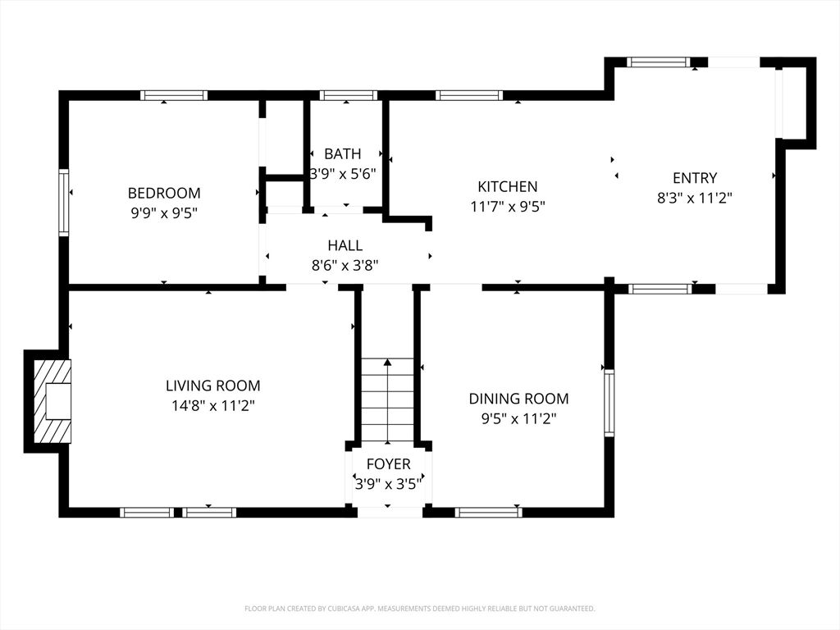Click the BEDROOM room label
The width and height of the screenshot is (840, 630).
[x=164, y=193]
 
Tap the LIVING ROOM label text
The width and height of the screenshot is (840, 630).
[x=212, y=386]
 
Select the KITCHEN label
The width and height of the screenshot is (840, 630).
[x=507, y=186]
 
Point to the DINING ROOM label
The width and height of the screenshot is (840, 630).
[x=518, y=399]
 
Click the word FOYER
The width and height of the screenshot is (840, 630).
[x=388, y=464]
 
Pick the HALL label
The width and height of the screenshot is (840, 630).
[x=345, y=245]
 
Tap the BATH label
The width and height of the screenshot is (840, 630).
[x=343, y=153]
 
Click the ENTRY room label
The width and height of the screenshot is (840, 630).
[x=695, y=178]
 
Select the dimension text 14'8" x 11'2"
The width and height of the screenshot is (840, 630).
[x=212, y=406]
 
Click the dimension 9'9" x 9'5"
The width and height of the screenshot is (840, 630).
[x=164, y=213]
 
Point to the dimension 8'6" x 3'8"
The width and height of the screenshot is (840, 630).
[x=345, y=265]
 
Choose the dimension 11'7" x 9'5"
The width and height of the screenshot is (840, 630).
[x=507, y=206]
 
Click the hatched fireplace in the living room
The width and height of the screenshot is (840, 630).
[x=52, y=401]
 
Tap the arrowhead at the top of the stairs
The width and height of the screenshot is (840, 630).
[x=387, y=363]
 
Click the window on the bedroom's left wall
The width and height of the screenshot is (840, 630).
[x=64, y=203]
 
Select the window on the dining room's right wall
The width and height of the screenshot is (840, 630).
[x=609, y=403]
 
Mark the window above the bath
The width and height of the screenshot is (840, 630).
[x=349, y=95]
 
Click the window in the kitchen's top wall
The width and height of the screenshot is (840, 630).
[x=469, y=95]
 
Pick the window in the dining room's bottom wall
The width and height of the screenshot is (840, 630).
[x=489, y=512]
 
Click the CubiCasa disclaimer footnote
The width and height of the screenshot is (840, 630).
[x=420, y=609]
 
